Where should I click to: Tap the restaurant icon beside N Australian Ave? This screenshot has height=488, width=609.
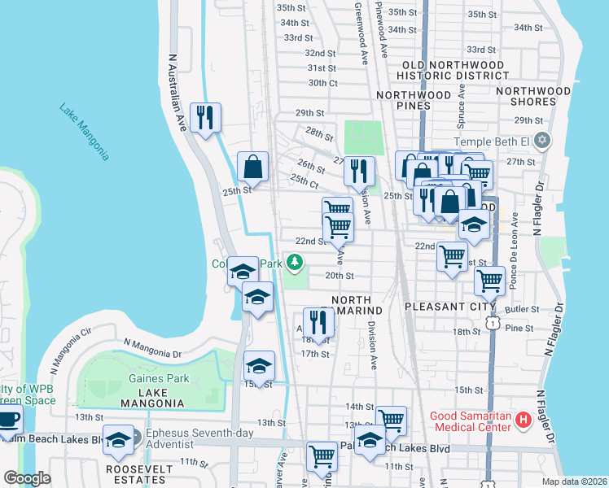click(205, 117)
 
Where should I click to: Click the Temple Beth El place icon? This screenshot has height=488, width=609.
click(544, 141)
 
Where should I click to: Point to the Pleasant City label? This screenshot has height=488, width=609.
click(443, 308)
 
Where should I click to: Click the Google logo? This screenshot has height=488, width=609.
click(27, 478)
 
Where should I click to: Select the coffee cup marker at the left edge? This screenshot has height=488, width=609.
click(8, 420)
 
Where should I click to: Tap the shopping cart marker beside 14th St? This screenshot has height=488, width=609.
click(391, 420)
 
